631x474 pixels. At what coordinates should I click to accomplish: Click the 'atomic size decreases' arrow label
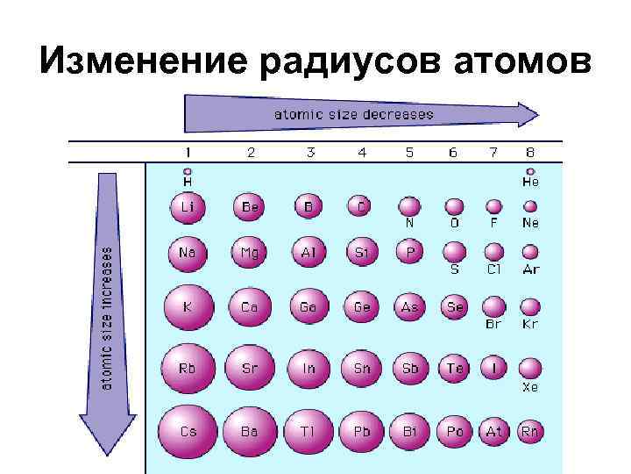(x=354, y=114)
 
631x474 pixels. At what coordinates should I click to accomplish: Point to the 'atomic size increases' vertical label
(x=107, y=317)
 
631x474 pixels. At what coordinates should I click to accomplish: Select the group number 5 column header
(x=409, y=153)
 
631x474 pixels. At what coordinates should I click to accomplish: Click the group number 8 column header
(x=530, y=153)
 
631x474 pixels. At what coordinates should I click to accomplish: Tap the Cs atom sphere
(x=188, y=432)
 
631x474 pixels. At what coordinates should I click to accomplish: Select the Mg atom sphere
(x=250, y=253)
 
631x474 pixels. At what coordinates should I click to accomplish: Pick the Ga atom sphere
(x=308, y=307)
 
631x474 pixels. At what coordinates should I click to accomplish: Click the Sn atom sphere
(x=361, y=369)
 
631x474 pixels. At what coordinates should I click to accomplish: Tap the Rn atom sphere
(x=530, y=431)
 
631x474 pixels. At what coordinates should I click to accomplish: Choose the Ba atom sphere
(x=250, y=432)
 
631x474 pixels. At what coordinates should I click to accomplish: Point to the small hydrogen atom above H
(x=188, y=172)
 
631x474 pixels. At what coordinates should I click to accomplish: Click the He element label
(x=530, y=183)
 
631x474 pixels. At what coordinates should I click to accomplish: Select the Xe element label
(x=530, y=386)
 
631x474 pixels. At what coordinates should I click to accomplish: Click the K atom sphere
(x=188, y=307)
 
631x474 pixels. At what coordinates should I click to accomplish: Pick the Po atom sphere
(x=455, y=431)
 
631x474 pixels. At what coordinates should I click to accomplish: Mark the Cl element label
(x=494, y=269)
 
